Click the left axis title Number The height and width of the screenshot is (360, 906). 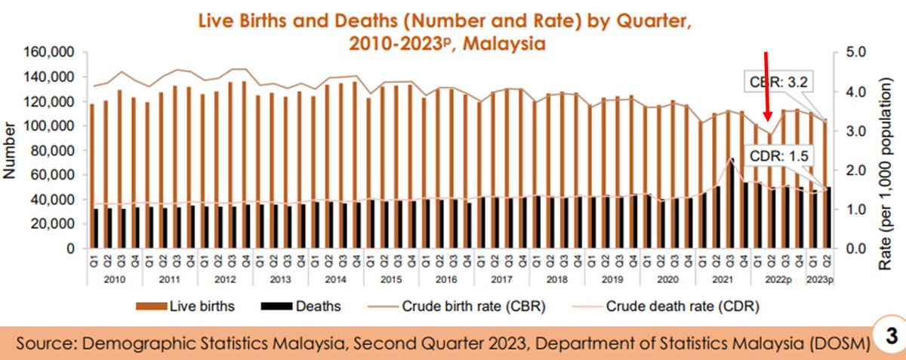point(11,151)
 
